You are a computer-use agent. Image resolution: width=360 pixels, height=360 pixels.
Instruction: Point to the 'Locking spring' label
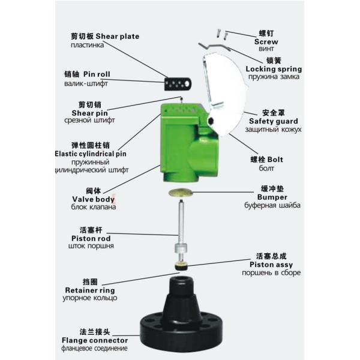[x=273, y=70]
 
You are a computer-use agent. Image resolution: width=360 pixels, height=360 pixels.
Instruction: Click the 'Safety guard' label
[x=274, y=121]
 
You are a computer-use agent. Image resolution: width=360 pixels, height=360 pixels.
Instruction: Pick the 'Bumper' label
[x=272, y=197]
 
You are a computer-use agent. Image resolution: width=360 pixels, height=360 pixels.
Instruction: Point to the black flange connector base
[x=182, y=318]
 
